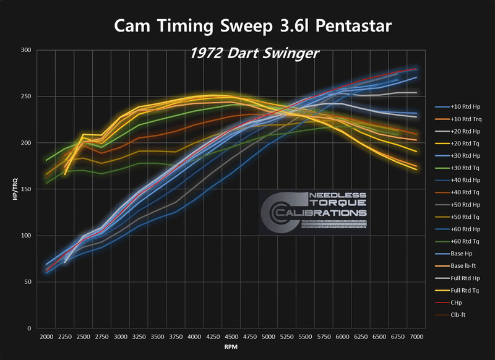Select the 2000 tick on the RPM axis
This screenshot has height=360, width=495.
coord(46,337)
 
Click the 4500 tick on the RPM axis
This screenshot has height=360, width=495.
coord(231,337)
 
